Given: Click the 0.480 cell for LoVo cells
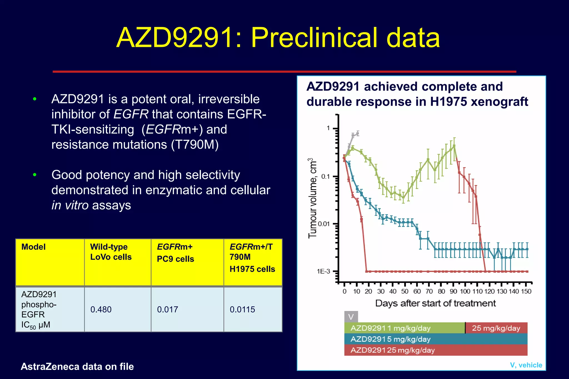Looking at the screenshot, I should pos(101,309).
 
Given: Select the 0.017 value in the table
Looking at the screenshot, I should pos(167,309).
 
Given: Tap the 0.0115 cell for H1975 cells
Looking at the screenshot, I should pos(242,309).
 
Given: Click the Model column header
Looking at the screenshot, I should pos(33,247).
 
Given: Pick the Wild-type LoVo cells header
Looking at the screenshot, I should pos(111,252).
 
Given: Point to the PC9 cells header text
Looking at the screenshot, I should pos(175,259).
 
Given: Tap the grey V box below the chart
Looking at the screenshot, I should pos(351,317).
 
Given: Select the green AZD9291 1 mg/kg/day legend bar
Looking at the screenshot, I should pos(404,328).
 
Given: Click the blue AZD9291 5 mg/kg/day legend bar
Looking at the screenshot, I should pos(435,339).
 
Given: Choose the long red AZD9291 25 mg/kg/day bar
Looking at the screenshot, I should pos(435,350).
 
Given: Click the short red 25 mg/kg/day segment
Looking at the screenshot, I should pos(496,328).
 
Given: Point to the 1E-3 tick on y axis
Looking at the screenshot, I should pos(323,271).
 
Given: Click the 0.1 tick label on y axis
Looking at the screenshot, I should pos(325,176).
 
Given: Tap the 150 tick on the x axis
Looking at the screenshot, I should pos(526,291).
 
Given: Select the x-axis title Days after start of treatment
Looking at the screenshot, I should pos(435,303).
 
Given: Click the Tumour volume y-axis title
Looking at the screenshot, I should pos(313,198).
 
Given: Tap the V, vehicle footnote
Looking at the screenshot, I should pos(526,365).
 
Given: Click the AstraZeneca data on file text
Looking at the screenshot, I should pos(77,367).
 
